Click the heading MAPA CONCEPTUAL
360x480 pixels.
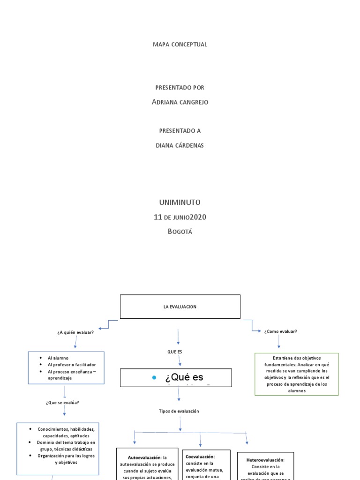180,45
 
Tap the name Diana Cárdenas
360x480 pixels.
180,145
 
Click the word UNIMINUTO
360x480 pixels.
180,202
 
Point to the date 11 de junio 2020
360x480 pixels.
180,217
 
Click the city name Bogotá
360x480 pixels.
180,231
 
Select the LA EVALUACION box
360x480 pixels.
180,307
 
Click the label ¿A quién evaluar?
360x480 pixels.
75,332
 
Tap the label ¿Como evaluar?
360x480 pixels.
280,331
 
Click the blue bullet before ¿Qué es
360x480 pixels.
154,378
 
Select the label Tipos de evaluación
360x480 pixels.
179,411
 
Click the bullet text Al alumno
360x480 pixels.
58,358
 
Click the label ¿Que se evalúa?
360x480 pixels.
66,402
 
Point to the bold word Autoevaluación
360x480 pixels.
145,457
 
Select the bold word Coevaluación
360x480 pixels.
200,456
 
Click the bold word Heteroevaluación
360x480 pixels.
265,460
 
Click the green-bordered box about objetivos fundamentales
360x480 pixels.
296,374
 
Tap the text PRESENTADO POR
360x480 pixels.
180,88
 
